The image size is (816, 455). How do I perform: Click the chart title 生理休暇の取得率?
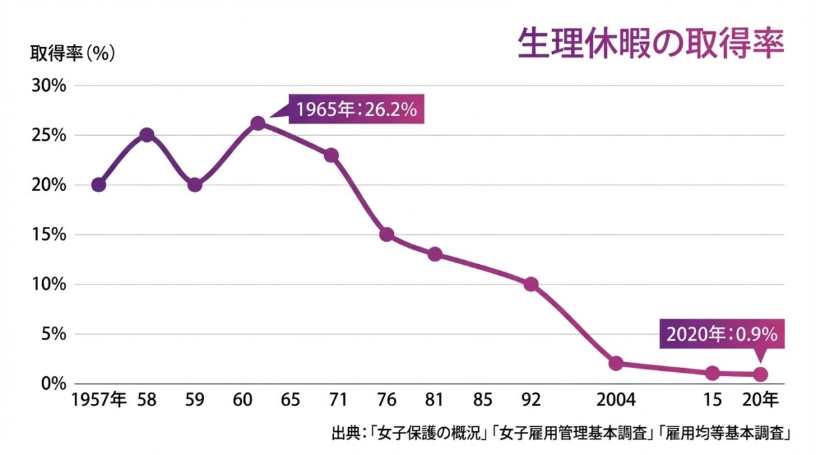(650, 44)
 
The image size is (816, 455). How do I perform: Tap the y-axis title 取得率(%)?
(72, 54)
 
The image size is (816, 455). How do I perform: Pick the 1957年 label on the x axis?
(99, 399)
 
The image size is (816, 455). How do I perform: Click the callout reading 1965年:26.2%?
(356, 109)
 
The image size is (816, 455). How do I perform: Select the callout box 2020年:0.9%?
(722, 334)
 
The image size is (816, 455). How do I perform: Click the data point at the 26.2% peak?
(258, 123)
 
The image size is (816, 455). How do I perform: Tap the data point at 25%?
(146, 134)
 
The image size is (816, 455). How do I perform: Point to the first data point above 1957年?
(99, 185)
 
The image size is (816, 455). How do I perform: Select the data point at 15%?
(386, 234)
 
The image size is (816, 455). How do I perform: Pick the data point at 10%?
(531, 284)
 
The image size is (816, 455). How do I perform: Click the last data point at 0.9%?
(761, 374)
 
